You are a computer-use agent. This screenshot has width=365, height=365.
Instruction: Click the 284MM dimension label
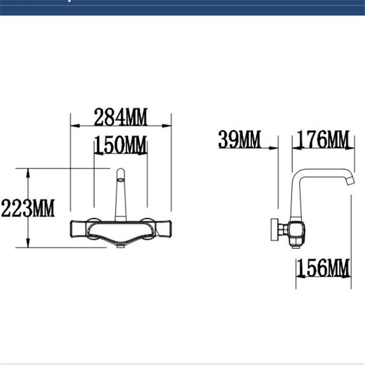120,118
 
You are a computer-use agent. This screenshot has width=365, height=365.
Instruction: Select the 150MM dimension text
120,146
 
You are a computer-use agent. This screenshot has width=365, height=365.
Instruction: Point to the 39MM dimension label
239,140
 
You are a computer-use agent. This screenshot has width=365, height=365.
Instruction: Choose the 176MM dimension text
323,140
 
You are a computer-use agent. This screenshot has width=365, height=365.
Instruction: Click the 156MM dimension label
323,268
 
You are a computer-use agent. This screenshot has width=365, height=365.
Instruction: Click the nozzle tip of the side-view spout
349,181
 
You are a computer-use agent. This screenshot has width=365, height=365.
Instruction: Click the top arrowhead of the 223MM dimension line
28,172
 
